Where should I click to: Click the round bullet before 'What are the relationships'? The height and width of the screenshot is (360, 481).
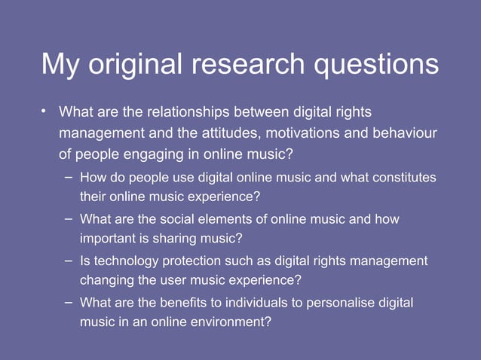[44, 113]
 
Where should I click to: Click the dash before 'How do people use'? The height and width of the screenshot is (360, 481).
[69, 177]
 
